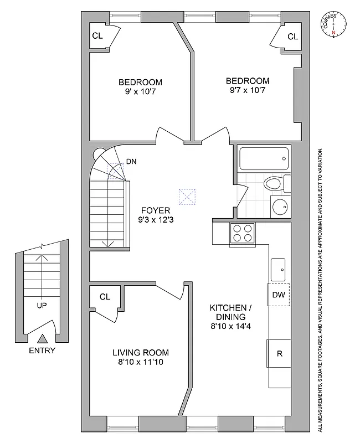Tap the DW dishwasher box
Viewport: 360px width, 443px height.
[278, 295]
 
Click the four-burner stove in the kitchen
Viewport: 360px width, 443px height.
[242, 234]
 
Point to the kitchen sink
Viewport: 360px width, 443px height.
[278, 269]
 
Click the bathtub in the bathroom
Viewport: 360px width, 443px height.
[264, 158]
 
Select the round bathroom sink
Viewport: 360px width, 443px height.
[280, 207]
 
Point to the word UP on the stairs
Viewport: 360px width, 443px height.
[43, 305]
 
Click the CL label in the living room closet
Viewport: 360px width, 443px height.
[105, 297]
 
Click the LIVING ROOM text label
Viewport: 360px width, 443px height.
[141, 353]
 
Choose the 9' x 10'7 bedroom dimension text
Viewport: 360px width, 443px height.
[140, 92]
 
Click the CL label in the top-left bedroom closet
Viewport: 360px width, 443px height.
[97, 36]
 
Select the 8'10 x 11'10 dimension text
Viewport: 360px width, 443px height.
[141, 363]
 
